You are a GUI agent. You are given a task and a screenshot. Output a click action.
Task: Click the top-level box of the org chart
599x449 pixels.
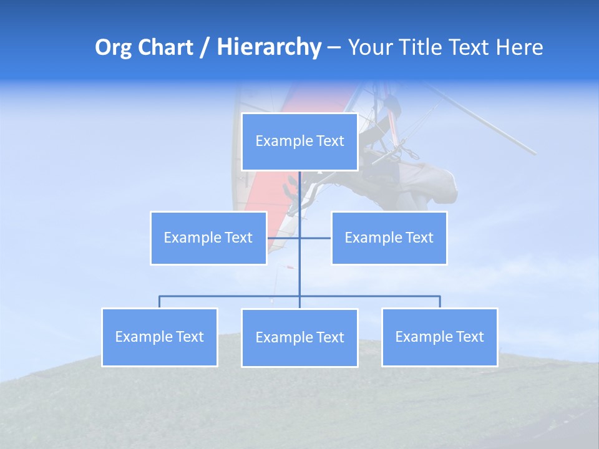[x=299, y=142]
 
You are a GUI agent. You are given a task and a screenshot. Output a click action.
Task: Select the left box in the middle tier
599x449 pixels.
[x=208, y=238]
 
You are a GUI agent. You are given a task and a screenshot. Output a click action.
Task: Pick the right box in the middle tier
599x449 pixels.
[x=389, y=238]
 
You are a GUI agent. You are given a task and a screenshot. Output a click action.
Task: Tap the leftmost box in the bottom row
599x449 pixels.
[x=160, y=337]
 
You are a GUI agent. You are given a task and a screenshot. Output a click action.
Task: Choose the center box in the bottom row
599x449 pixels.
[x=299, y=337]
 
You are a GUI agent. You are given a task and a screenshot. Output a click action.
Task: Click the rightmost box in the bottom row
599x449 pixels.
[x=439, y=337]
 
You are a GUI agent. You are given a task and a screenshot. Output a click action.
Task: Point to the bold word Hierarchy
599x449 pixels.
[x=269, y=47]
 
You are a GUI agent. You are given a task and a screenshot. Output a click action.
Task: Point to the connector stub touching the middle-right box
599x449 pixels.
[x=316, y=238]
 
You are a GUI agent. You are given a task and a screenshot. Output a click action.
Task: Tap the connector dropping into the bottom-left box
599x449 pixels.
[x=160, y=302]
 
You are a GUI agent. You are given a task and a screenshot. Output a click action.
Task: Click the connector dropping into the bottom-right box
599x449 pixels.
[x=440, y=302]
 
